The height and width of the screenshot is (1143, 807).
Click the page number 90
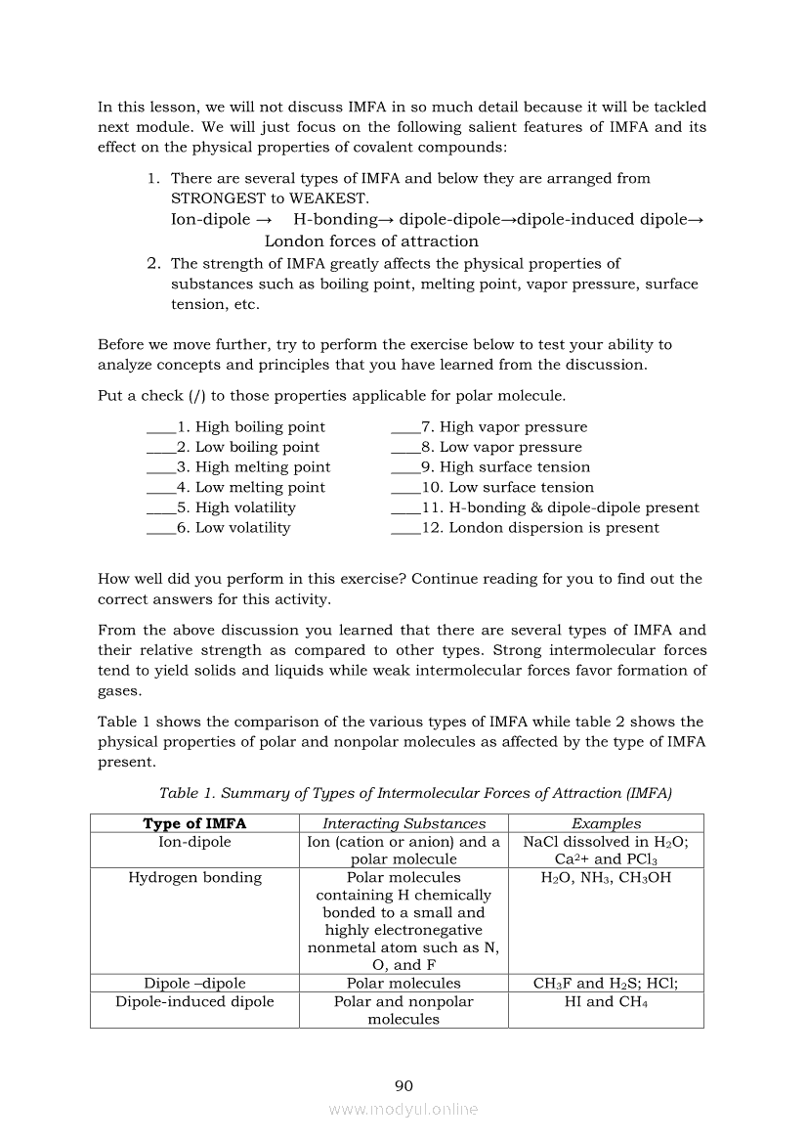(403, 1085)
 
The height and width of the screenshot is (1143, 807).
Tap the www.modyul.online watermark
(403, 1110)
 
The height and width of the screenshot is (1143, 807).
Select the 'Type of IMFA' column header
(194, 823)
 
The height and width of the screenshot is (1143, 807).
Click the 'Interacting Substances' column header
(403, 823)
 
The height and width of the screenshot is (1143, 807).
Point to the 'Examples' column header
(606, 823)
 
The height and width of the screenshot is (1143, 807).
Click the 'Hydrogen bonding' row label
(194, 877)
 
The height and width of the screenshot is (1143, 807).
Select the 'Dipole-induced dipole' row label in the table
(194, 1001)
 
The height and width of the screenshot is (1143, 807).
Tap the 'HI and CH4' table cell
(606, 1001)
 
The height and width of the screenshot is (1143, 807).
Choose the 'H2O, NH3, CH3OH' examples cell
(606, 877)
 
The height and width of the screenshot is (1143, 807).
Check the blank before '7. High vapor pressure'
(404, 427)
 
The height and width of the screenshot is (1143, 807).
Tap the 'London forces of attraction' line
(371, 242)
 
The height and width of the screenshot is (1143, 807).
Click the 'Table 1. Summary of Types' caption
(415, 793)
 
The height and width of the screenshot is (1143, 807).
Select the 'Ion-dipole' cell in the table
(194, 841)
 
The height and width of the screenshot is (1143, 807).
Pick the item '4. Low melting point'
(260, 488)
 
